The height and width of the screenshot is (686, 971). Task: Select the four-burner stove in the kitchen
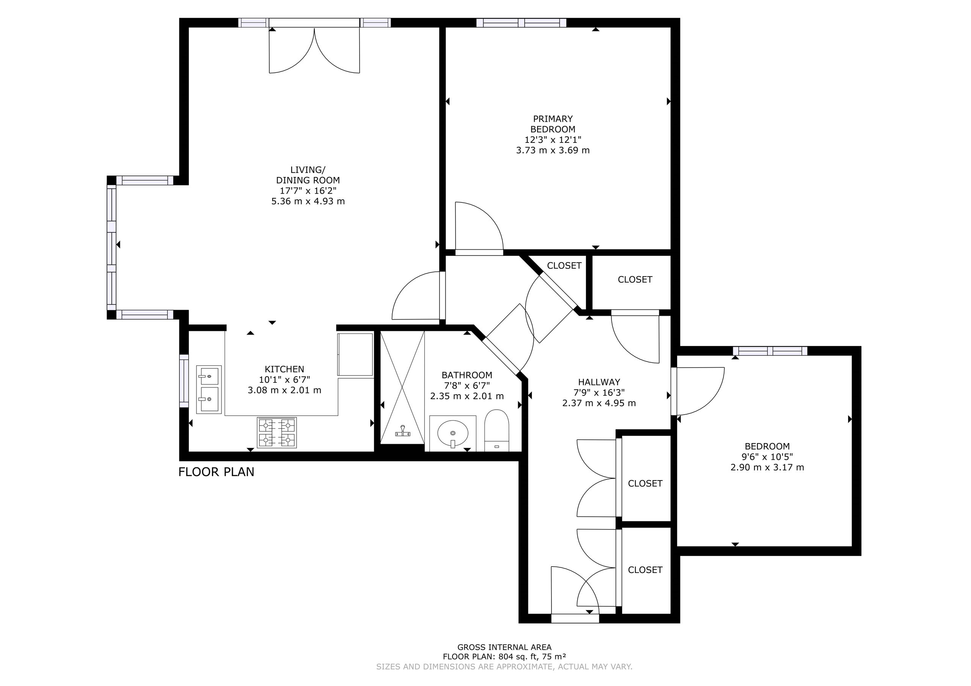(x=277, y=432)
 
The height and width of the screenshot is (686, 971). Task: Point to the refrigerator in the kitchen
(x=355, y=354)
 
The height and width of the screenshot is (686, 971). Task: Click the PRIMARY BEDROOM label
(x=553, y=124)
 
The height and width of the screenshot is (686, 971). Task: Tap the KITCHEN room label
(x=284, y=369)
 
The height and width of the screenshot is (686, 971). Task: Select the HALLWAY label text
(x=599, y=382)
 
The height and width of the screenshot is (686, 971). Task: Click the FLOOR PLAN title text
(x=216, y=472)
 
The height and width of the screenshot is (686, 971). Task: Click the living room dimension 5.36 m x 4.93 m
(x=308, y=201)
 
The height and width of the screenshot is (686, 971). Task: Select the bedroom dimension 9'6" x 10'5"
(x=767, y=457)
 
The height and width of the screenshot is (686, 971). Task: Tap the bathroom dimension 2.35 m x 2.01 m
(x=467, y=396)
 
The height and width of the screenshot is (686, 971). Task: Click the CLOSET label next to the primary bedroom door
(x=564, y=265)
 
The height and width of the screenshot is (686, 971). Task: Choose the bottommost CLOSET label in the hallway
(x=645, y=570)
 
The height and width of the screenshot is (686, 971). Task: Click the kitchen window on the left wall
(x=184, y=381)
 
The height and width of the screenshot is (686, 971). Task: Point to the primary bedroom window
(x=522, y=23)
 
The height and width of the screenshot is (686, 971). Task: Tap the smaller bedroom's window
(x=770, y=351)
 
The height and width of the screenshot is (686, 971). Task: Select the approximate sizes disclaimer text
(x=504, y=667)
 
